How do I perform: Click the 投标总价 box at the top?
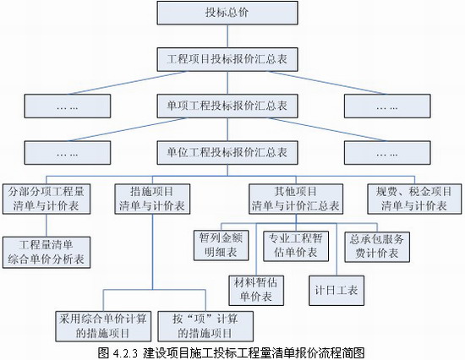point(227,13)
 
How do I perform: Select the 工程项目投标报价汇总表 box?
point(227,59)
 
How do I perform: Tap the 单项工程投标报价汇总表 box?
point(227,106)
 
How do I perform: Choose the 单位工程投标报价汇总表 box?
point(227,152)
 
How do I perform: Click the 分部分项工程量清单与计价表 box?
point(46,199)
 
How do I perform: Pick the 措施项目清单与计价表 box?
point(152,199)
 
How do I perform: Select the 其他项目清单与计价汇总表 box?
point(296,199)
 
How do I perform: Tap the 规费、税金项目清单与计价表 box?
point(414,199)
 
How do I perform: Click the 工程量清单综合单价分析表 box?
point(46,253)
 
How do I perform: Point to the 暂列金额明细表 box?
point(221,246)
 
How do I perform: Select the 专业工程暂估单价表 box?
point(296,246)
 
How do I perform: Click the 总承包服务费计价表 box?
point(377,247)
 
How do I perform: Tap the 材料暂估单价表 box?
point(256,291)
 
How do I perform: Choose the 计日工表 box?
point(336,291)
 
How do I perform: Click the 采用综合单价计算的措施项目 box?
point(103,326)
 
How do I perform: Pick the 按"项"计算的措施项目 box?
point(205,326)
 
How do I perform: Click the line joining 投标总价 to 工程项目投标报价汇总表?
point(227,36)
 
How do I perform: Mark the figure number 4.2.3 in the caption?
point(125,353)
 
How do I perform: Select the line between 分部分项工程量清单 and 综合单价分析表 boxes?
point(46,226)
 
